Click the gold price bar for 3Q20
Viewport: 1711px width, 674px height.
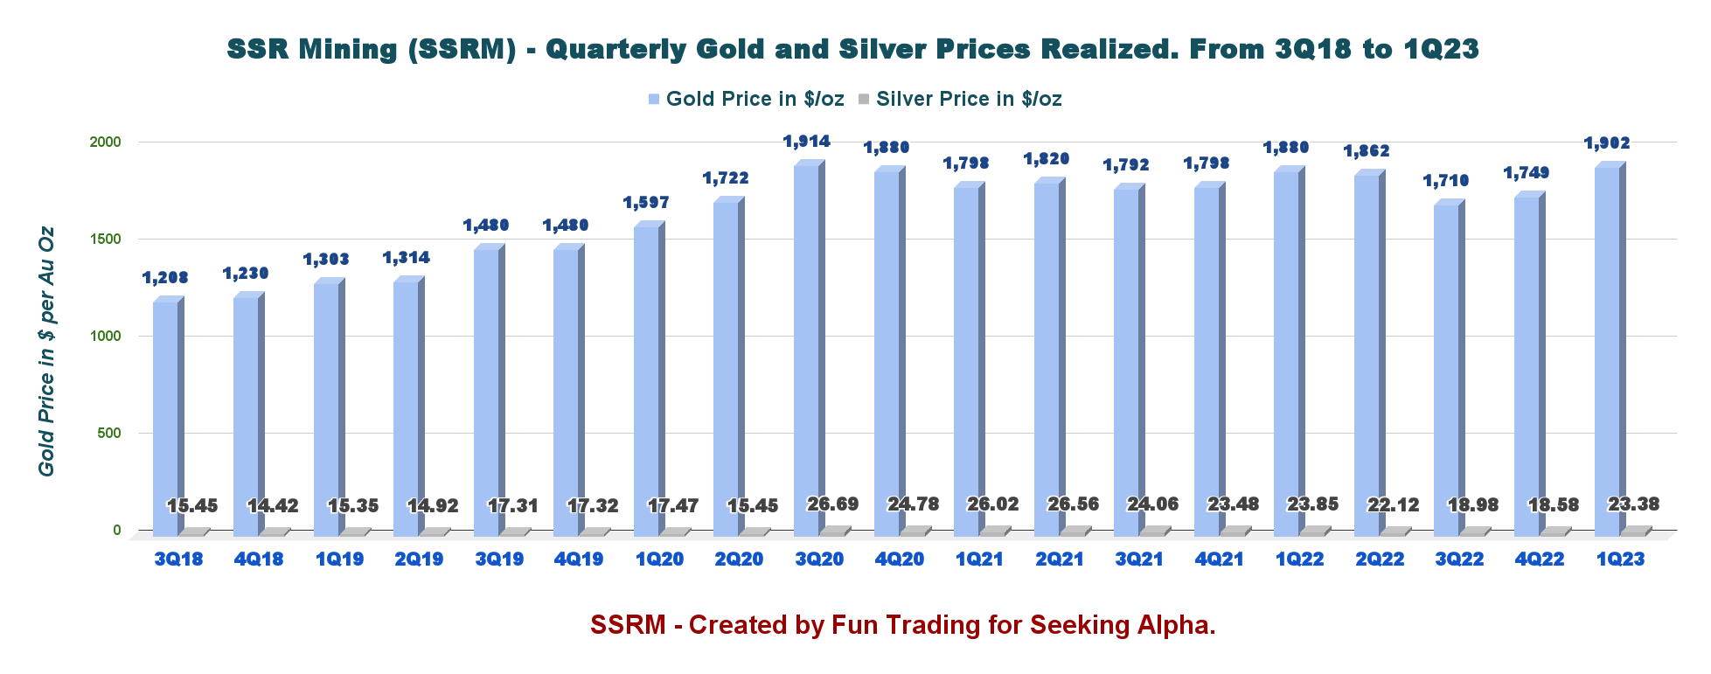pyautogui.click(x=806, y=350)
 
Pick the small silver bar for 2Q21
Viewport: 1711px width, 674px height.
pyautogui.click(x=1075, y=531)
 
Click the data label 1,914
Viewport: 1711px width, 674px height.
pyautogui.click(x=806, y=142)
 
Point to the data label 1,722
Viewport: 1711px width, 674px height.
pyautogui.click(x=726, y=178)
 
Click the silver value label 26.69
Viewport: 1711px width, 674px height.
pyautogui.click(x=832, y=504)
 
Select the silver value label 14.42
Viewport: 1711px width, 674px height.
pyautogui.click(x=272, y=506)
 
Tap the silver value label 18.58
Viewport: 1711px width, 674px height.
pyautogui.click(x=1553, y=505)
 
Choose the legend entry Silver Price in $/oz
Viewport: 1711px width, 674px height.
pyautogui.click(x=969, y=99)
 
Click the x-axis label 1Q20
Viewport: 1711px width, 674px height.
pyautogui.click(x=659, y=559)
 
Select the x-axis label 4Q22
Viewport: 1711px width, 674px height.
pyautogui.click(x=1540, y=559)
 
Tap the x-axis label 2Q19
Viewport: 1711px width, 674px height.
pyautogui.click(x=419, y=559)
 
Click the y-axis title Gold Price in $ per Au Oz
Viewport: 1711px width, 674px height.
pyautogui.click(x=46, y=351)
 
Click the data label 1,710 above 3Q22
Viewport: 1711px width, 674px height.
pyautogui.click(x=1446, y=181)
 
